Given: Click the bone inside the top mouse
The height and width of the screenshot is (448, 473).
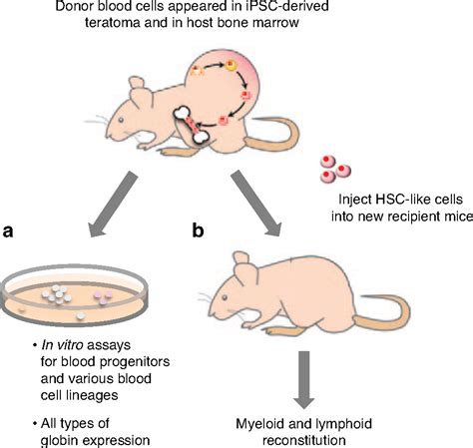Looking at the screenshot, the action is point(192,125).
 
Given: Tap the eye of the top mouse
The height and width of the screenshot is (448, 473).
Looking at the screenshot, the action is point(122,119).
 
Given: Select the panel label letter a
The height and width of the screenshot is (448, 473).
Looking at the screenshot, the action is point(8,231).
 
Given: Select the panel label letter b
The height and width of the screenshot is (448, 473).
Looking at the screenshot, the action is point(199,229).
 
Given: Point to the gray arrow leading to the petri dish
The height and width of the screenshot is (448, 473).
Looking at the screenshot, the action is point(112,205).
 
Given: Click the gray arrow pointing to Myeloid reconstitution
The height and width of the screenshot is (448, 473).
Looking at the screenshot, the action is point(303,380).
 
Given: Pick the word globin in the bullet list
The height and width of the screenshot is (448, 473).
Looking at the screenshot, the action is point(59,441).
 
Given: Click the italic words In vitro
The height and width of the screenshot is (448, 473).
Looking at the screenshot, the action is point(62,345).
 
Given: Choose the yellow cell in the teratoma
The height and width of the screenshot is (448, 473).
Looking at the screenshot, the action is point(232,66).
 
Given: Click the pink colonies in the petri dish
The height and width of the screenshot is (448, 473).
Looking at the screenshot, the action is point(103,296).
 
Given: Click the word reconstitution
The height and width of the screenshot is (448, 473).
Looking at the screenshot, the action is point(304,441).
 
